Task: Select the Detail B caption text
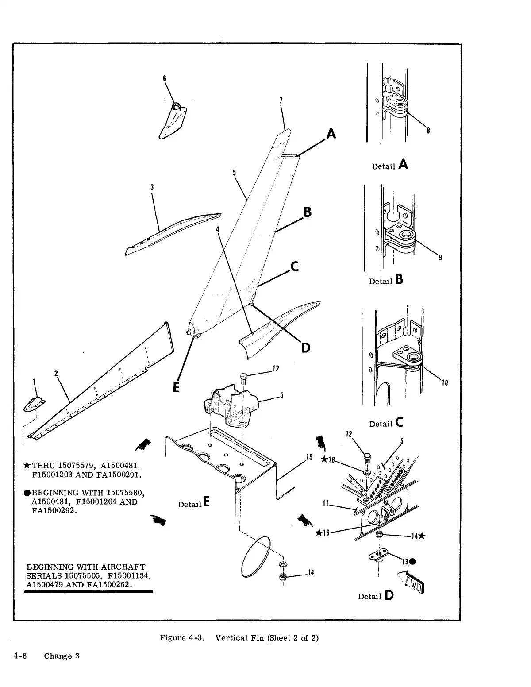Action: [386, 281]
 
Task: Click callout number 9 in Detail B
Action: [440, 258]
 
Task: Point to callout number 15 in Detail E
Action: [309, 457]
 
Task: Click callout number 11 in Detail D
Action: [326, 503]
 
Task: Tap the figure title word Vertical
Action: [231, 638]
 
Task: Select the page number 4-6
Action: [21, 656]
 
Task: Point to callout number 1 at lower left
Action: [34, 381]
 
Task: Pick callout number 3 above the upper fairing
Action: [152, 187]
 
